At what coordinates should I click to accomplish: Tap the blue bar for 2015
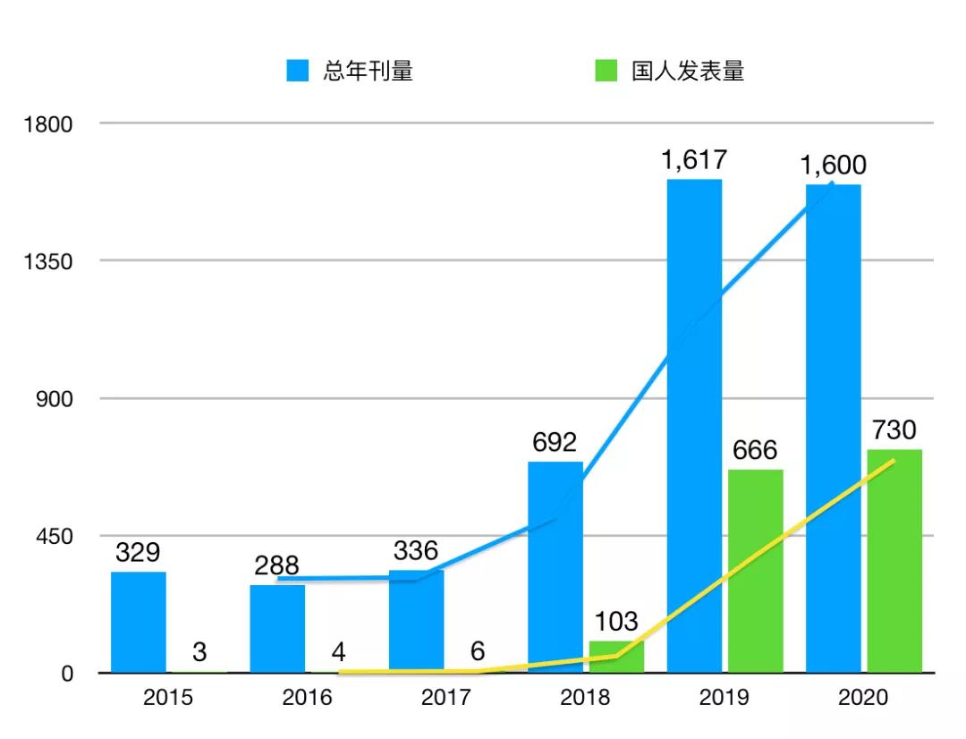pos(139,622)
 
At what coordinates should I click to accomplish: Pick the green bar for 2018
pos(616,657)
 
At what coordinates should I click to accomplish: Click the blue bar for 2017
pos(416,622)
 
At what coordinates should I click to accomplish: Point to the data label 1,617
pos(694,161)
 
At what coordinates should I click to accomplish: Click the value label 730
pos(894,430)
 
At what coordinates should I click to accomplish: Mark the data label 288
pos(276,565)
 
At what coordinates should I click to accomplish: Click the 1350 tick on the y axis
pos(48,261)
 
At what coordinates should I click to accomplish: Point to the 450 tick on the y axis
pos(55,536)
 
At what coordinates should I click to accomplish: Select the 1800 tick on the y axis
pos(48,123)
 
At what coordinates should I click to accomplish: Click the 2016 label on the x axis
pos(307,698)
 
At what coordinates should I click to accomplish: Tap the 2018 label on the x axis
pos(585,698)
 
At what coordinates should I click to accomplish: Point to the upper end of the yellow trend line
pos(894,461)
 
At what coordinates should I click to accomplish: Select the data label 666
pos(755,450)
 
